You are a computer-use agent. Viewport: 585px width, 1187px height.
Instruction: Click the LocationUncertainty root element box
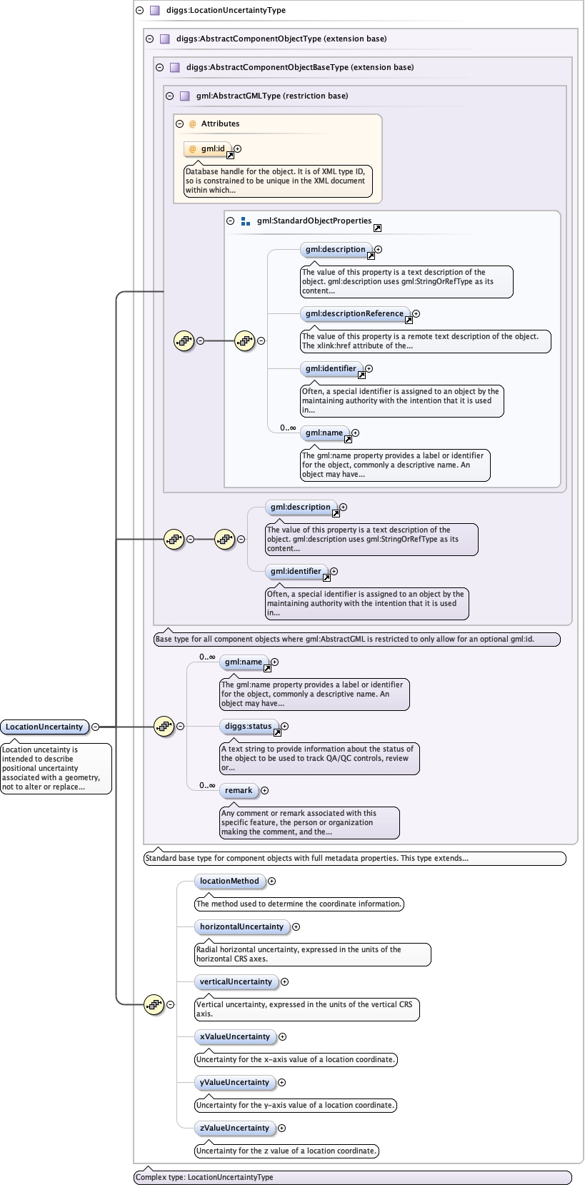[44, 727]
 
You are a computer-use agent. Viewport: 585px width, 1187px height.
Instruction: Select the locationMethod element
[229, 881]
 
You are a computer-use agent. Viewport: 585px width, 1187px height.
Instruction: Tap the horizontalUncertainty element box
[241, 926]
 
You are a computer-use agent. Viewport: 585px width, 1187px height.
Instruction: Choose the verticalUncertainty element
[236, 981]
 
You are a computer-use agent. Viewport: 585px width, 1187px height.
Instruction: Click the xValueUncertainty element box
[235, 1036]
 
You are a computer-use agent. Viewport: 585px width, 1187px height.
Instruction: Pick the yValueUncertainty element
[234, 1082]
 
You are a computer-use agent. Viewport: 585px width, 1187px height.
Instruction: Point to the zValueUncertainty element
[234, 1128]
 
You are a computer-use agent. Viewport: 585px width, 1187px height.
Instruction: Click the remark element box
[239, 790]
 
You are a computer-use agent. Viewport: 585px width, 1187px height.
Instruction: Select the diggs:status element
[248, 726]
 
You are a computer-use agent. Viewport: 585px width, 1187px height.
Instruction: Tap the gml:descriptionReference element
[354, 313]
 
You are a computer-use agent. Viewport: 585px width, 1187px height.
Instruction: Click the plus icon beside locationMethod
[271, 881]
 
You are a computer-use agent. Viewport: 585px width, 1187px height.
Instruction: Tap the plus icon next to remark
[264, 790]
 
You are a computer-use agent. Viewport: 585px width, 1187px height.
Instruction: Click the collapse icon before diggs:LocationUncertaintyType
[139, 10]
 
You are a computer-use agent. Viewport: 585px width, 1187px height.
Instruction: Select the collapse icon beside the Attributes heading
[179, 123]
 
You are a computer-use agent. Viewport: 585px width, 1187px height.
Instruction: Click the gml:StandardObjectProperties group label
[314, 221]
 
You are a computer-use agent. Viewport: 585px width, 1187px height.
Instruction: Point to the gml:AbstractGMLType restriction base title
[271, 96]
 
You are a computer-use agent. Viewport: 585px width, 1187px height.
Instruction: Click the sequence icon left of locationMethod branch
[154, 1004]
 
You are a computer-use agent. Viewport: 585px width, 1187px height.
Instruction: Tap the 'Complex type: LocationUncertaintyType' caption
[204, 1177]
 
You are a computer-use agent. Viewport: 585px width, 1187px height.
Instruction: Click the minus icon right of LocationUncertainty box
[95, 727]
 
